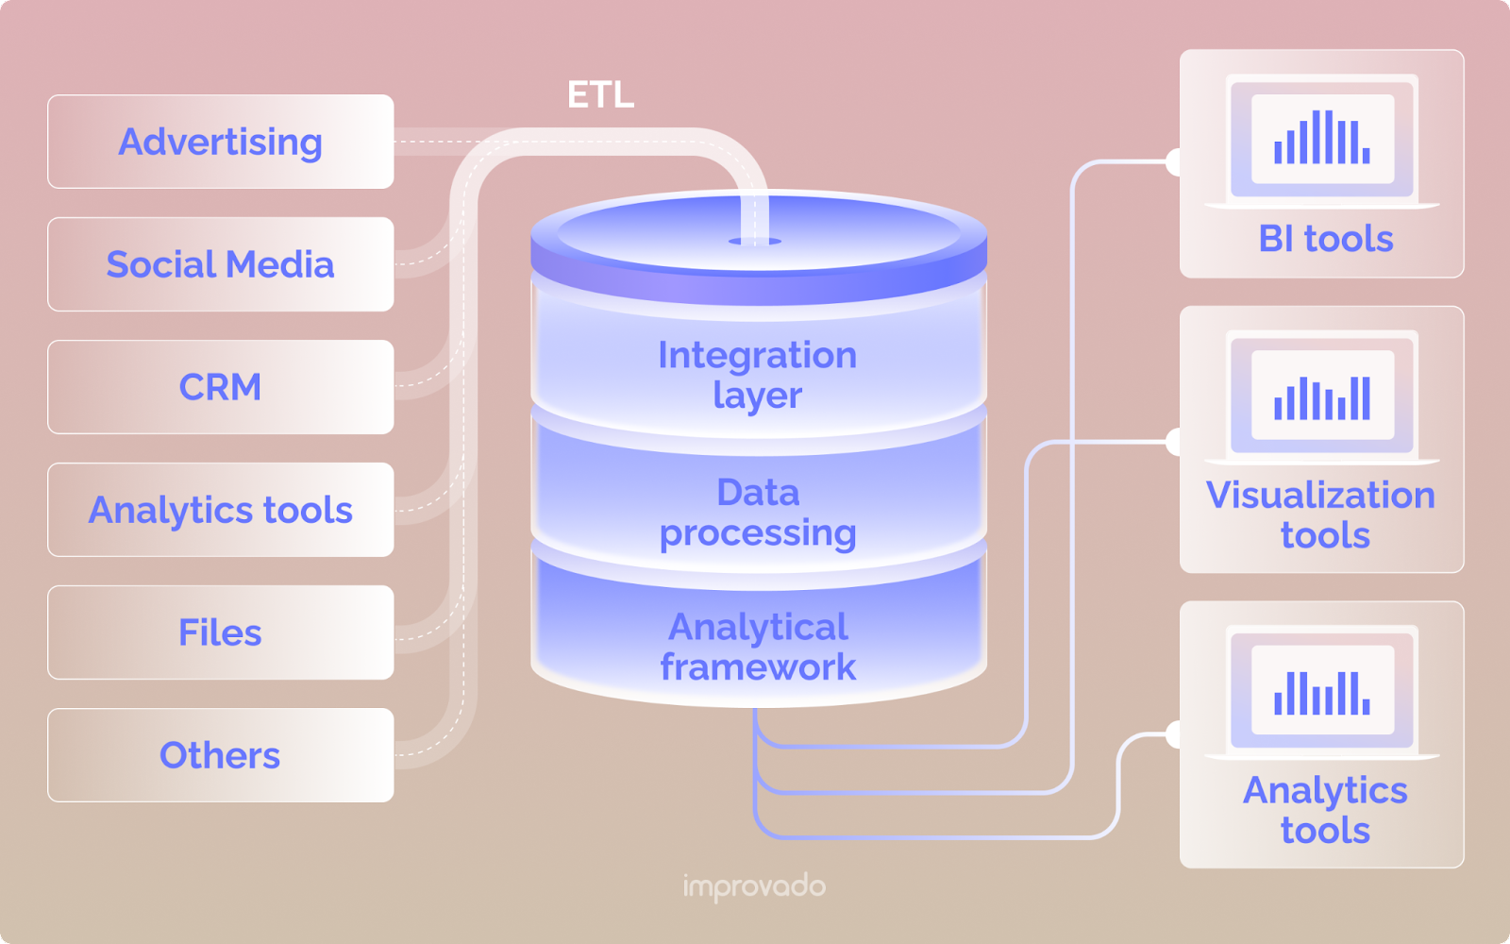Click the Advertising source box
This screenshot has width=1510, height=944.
(x=220, y=142)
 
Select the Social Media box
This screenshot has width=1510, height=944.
(x=220, y=264)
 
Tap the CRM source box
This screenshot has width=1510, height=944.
(x=220, y=387)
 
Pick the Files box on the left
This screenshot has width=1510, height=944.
(x=220, y=632)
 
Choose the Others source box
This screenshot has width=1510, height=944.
(x=220, y=755)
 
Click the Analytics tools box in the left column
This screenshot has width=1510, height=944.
(x=220, y=510)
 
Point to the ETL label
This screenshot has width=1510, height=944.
(x=600, y=94)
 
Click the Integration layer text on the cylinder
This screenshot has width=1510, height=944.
(x=758, y=375)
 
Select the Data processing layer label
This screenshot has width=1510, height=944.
(x=758, y=513)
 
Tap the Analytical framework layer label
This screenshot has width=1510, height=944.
(x=758, y=647)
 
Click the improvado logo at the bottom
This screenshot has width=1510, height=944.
(x=754, y=886)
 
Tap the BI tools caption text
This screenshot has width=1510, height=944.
(x=1325, y=239)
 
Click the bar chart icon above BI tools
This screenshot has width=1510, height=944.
(x=1322, y=138)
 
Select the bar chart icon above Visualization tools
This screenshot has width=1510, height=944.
(x=1322, y=397)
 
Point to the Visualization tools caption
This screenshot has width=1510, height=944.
(x=1322, y=514)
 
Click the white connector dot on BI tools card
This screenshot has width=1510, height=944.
(x=1175, y=162)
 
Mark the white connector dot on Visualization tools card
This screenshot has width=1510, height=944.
(x=1175, y=441)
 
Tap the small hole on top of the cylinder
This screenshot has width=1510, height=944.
(x=754, y=242)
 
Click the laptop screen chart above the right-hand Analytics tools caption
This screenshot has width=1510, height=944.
(x=1322, y=692)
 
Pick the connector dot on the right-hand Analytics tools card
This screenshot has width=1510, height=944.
(x=1175, y=734)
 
